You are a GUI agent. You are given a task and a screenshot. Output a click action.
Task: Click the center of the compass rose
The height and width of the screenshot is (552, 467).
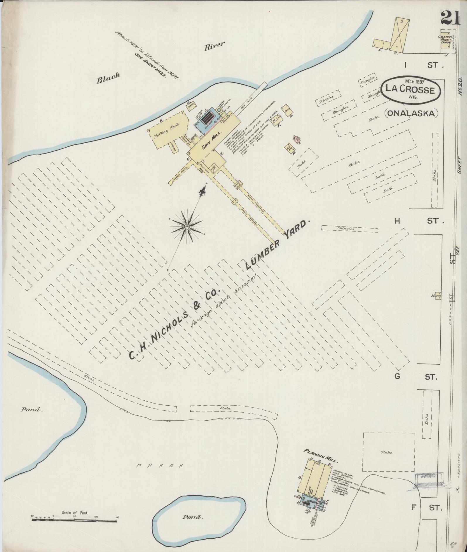click(x=187, y=227)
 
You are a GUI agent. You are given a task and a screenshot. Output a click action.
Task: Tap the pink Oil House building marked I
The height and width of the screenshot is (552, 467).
click(x=297, y=140)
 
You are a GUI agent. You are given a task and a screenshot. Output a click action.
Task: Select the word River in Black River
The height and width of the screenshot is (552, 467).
click(x=215, y=47)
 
